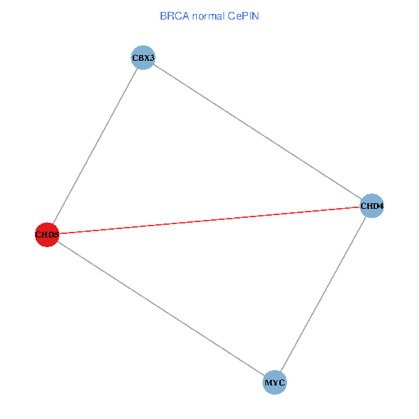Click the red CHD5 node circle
(47, 235)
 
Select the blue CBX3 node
(142, 57)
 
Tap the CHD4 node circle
(372, 206)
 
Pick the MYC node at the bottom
(274, 383)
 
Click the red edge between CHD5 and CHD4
(209, 220)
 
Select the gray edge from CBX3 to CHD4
(257, 131)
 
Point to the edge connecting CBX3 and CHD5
(95, 146)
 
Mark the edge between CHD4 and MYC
(323, 294)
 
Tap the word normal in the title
(209, 15)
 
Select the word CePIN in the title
(242, 15)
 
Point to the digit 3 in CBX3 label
(152, 58)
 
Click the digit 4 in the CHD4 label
(381, 207)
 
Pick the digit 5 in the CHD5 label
(56, 235)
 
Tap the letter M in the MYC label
(268, 383)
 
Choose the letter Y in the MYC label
(274, 383)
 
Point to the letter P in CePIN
(245, 15)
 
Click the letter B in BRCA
(163, 15)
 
